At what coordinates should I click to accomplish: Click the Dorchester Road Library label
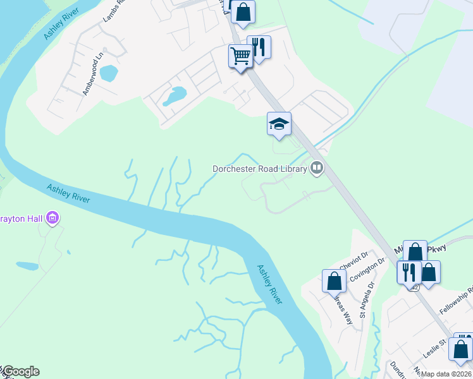tap(259, 169)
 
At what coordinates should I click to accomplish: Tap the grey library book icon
tap(317, 168)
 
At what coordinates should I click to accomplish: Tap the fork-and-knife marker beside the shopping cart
tap(259, 47)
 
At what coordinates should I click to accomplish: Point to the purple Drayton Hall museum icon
tap(52, 219)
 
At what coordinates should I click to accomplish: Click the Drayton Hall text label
tap(21, 219)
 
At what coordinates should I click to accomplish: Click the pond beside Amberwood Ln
tap(108, 73)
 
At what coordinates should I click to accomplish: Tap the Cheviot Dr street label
tap(353, 258)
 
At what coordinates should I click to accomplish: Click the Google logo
tap(21, 371)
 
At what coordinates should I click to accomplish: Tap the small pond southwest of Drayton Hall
tap(27, 266)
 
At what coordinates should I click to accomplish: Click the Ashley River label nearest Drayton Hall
tap(68, 194)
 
